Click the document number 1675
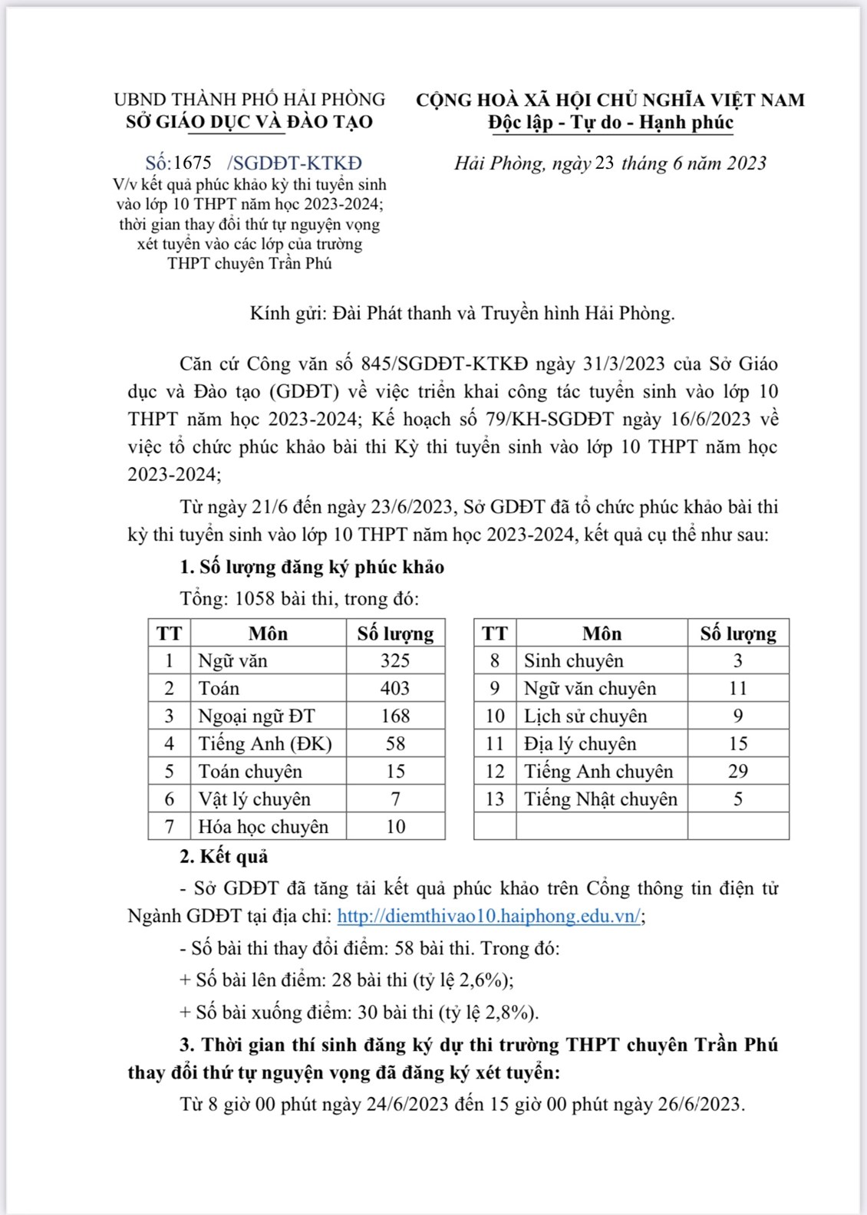pyautogui.click(x=193, y=163)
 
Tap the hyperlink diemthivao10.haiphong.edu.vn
pyautogui.click(x=489, y=916)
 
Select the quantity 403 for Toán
pyautogui.click(x=395, y=688)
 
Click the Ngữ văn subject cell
pyautogui.click(x=233, y=660)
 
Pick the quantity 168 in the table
pyautogui.click(x=395, y=716)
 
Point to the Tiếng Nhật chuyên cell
pyautogui.click(x=601, y=798)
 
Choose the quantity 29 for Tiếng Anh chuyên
pyautogui.click(x=737, y=771)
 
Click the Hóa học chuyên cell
pyautogui.click(x=263, y=826)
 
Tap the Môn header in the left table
pyautogui.click(x=268, y=634)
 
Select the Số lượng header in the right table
pyautogui.click(x=737, y=634)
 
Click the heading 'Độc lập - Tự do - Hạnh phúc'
pyautogui.click(x=611, y=122)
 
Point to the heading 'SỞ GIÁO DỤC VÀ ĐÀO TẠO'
pyautogui.click(x=249, y=122)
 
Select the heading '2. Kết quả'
pyautogui.click(x=223, y=856)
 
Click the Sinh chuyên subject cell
pyautogui.click(x=574, y=660)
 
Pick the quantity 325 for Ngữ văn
pyautogui.click(x=395, y=660)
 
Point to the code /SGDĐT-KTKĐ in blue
pyautogui.click(x=295, y=163)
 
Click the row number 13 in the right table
pyautogui.click(x=495, y=798)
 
